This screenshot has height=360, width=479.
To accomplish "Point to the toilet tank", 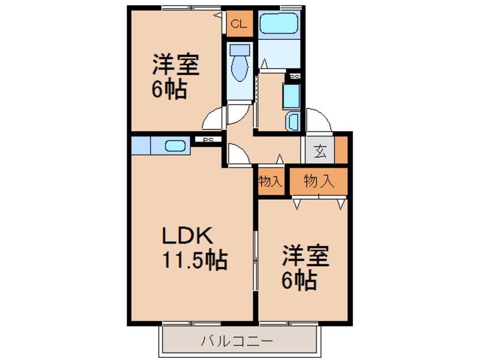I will click(239, 49).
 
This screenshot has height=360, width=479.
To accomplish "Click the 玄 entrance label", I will click(320, 151).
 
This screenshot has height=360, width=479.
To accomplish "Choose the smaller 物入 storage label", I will click(270, 182).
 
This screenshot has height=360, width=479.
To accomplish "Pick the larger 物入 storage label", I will click(318, 181).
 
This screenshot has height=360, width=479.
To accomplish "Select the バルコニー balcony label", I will click(237, 341).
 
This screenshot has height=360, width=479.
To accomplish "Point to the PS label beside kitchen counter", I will click(208, 140).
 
